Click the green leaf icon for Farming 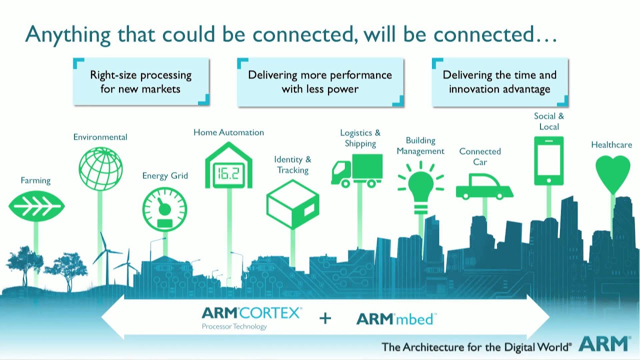pyautogui.click(x=36, y=206)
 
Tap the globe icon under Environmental pyautogui.click(x=100, y=169)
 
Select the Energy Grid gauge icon pyautogui.click(x=164, y=209)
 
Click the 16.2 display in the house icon pyautogui.click(x=228, y=173)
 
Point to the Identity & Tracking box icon pyautogui.click(x=292, y=204)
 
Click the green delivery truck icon pyautogui.click(x=357, y=171)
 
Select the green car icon pyautogui.click(x=483, y=186)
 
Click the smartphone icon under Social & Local pyautogui.click(x=548, y=160)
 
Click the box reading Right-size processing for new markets pyautogui.click(x=141, y=81)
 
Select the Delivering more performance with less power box pyautogui.click(x=320, y=81)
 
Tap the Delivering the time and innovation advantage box pyautogui.click(x=499, y=81)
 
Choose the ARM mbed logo pyautogui.click(x=396, y=318)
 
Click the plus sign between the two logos pyautogui.click(x=325, y=318)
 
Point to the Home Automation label pyautogui.click(x=228, y=132)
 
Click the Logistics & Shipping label pyautogui.click(x=360, y=138)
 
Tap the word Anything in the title pyautogui.click(x=68, y=34)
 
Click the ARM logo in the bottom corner pyautogui.click(x=604, y=344)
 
